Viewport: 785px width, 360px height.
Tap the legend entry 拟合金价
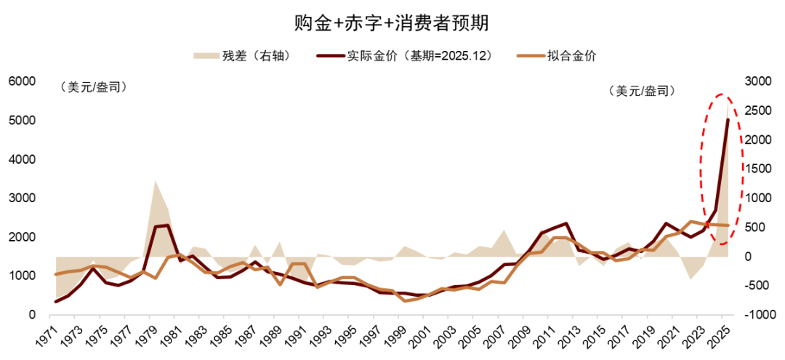click(x=571, y=56)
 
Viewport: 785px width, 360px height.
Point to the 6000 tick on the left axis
click(x=23, y=81)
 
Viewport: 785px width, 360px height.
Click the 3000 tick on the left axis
click(x=23, y=199)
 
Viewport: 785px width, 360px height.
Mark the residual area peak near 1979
click(x=155, y=181)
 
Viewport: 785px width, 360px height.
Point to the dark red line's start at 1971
click(x=56, y=302)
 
